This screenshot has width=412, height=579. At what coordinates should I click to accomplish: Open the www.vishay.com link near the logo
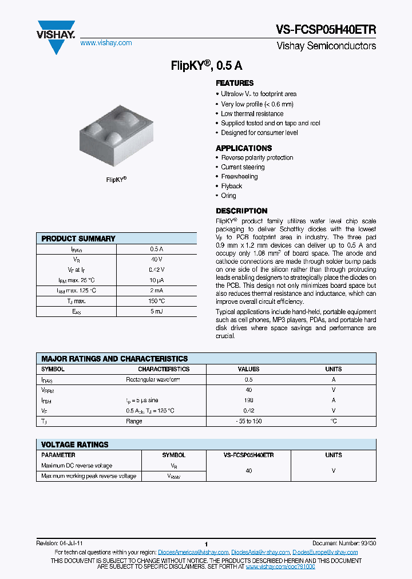(x=106, y=43)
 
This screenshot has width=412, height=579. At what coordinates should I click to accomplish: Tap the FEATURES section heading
(x=235, y=83)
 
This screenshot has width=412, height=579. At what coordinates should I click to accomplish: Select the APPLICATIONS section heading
(x=243, y=148)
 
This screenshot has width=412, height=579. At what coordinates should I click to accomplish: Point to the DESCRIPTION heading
(x=241, y=211)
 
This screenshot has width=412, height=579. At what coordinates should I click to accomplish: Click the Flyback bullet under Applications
(x=232, y=186)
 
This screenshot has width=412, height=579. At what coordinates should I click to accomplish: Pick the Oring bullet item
(x=228, y=196)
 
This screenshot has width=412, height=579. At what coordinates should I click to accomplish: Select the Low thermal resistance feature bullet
(x=252, y=113)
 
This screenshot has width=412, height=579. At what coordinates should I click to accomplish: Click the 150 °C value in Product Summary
(x=157, y=301)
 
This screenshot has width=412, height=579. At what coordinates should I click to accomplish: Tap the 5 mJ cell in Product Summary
(x=157, y=311)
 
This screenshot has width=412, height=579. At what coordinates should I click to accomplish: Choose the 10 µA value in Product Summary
(x=157, y=280)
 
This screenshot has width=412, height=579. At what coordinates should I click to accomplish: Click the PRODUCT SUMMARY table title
(x=78, y=239)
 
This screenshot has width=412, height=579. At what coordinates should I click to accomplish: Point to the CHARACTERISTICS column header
(x=164, y=369)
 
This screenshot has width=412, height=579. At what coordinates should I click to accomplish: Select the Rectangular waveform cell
(x=153, y=379)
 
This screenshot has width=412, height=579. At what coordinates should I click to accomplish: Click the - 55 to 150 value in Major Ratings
(x=248, y=421)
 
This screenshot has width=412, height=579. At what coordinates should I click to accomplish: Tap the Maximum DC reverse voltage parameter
(x=77, y=466)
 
